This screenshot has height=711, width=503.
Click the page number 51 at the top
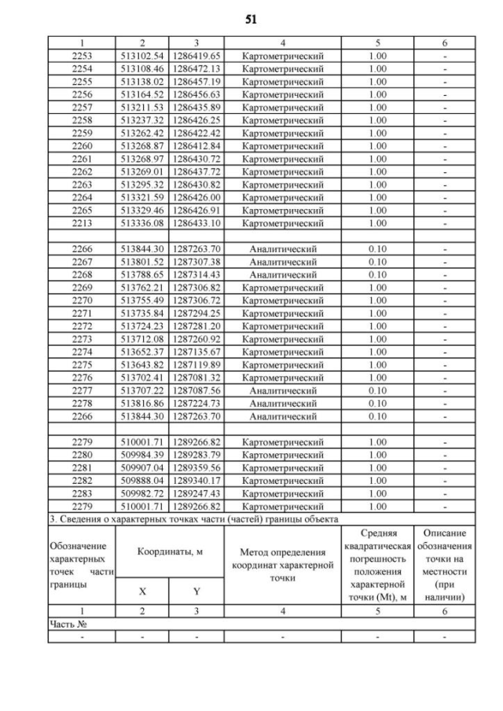251,17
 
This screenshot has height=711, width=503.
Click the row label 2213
82,223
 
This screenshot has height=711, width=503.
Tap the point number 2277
82,390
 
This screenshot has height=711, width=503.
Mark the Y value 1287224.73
196,403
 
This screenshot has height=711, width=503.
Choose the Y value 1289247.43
196,493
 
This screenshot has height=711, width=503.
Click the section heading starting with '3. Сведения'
193,519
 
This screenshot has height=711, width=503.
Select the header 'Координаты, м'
170,553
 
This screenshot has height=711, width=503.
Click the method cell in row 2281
283,467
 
